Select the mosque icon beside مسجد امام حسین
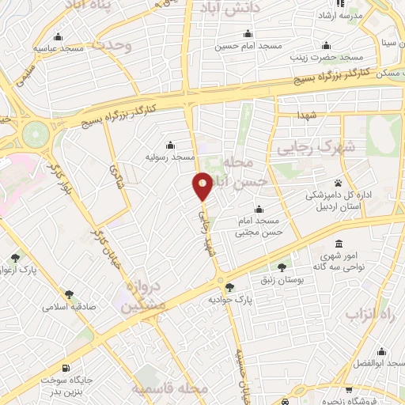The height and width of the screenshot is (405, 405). (248, 34)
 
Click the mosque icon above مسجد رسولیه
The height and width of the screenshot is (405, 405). (170, 145)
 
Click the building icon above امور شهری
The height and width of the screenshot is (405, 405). (339, 244)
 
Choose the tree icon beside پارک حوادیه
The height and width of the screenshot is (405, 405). (229, 288)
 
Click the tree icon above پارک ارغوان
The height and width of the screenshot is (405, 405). (17, 258)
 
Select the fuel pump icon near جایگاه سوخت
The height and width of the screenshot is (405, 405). (64, 369)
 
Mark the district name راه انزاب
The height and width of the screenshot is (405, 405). (368, 314)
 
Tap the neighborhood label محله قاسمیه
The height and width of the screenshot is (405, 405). (170, 389)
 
